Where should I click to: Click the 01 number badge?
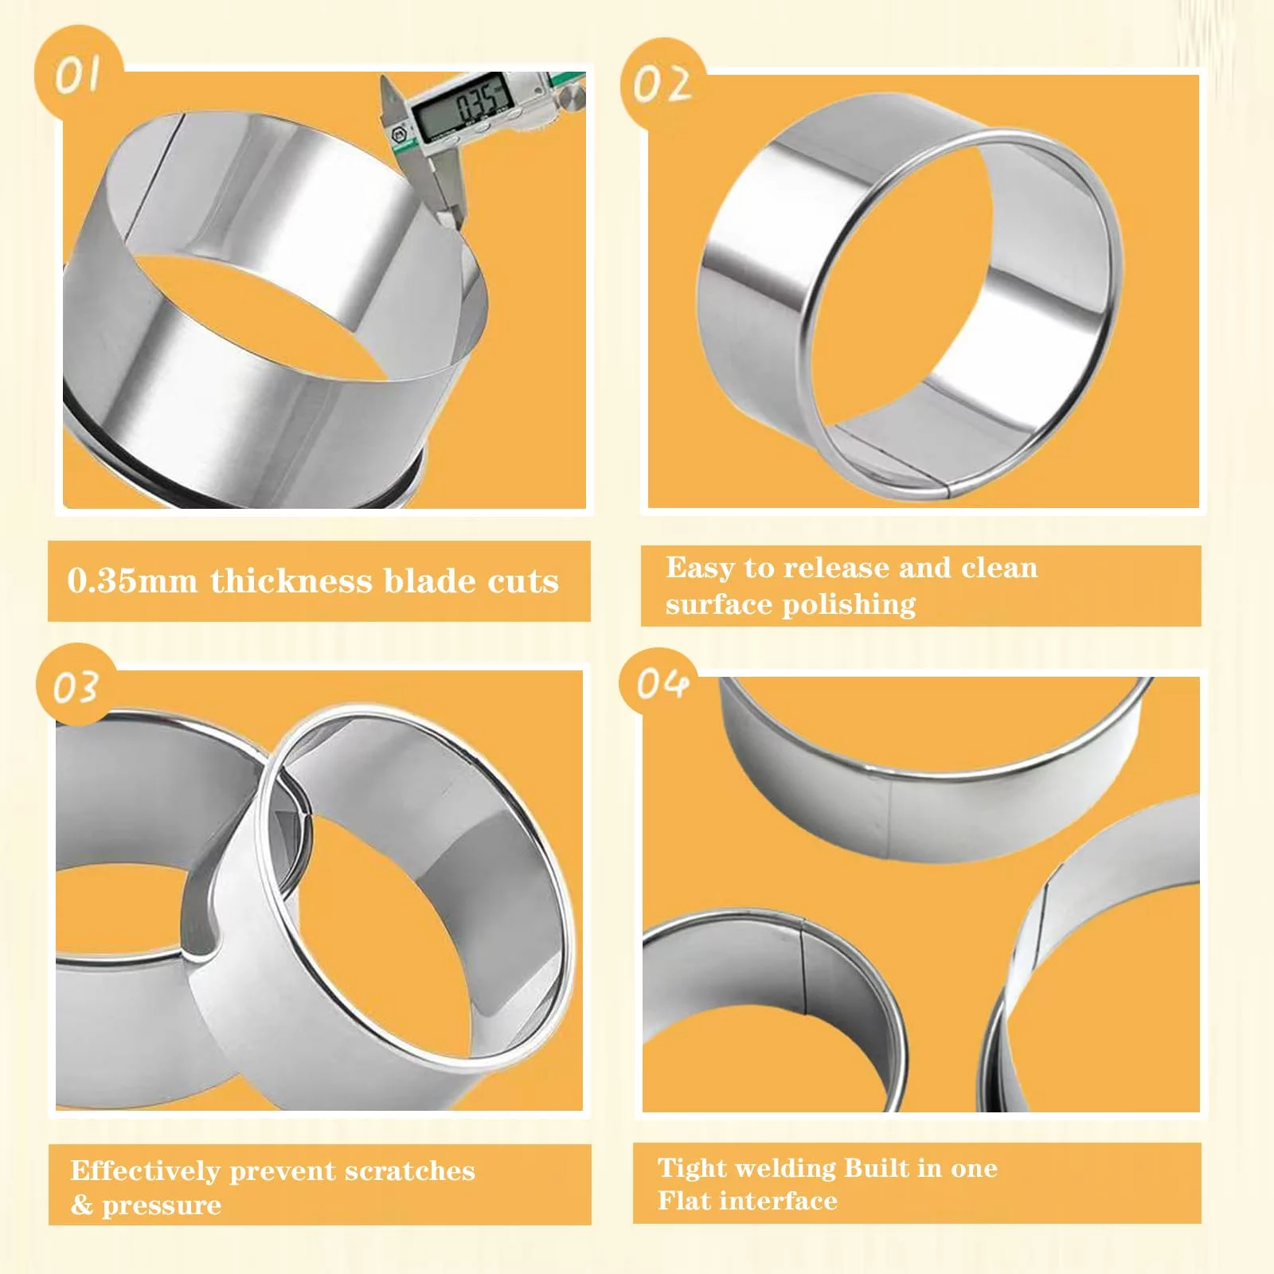click(79, 73)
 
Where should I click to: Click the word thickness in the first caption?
click(291, 581)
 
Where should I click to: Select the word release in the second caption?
click(836, 568)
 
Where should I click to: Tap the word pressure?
click(162, 1206)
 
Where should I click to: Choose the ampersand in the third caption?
click(81, 1204)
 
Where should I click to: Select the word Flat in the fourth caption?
click(682, 1200)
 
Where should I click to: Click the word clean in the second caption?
click(999, 568)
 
